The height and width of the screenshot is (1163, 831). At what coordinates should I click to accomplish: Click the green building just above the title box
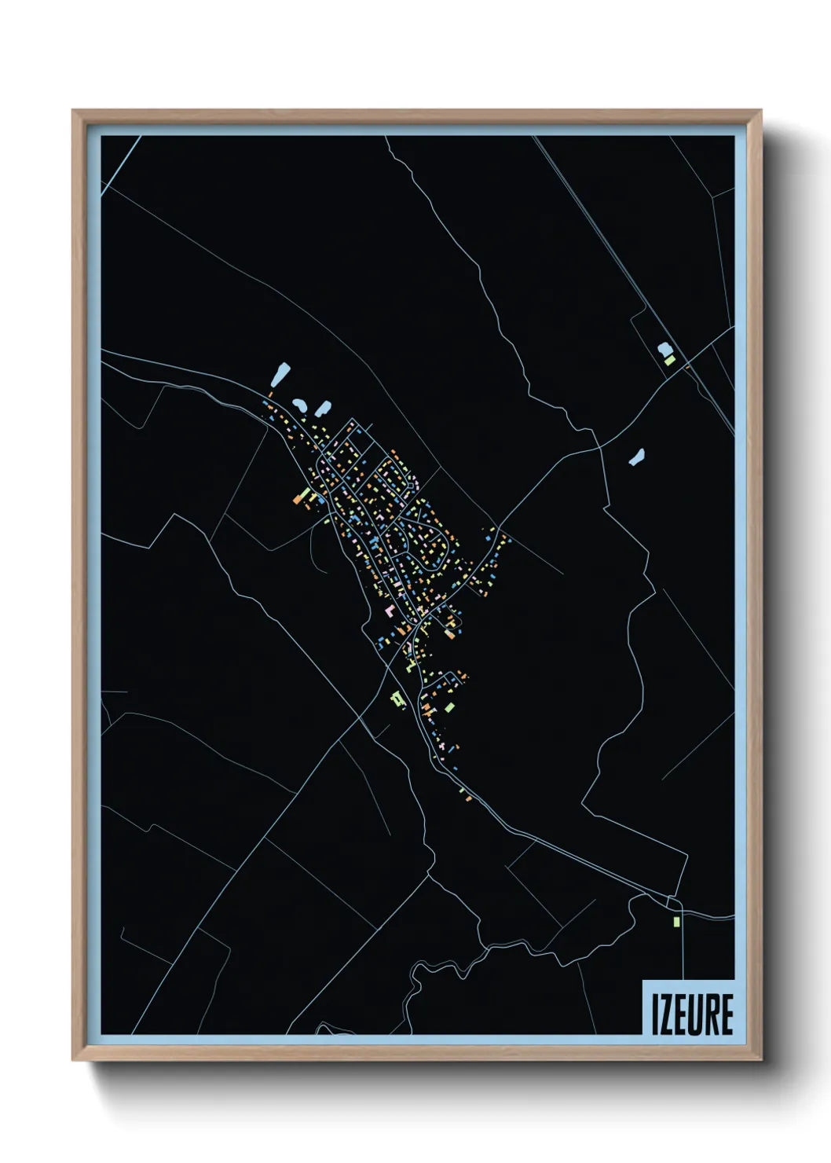coord(675,920)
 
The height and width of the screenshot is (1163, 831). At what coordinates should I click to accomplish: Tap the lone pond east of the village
coord(637,457)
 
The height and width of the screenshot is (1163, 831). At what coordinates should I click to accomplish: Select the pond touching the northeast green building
coord(664,348)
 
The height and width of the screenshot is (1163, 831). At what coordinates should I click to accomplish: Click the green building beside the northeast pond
coord(670,360)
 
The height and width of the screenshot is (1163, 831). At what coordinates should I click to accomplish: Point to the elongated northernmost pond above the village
coord(280,374)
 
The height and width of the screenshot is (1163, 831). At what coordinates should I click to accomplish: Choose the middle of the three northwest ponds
coord(300,405)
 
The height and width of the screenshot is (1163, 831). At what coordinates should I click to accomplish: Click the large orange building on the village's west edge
coord(300,497)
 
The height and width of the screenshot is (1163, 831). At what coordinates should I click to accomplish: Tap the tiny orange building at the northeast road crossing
coord(686,366)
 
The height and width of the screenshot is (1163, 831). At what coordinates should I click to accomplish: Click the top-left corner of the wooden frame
coord(73,111)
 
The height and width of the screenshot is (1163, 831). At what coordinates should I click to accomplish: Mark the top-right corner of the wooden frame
coord(760,111)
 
